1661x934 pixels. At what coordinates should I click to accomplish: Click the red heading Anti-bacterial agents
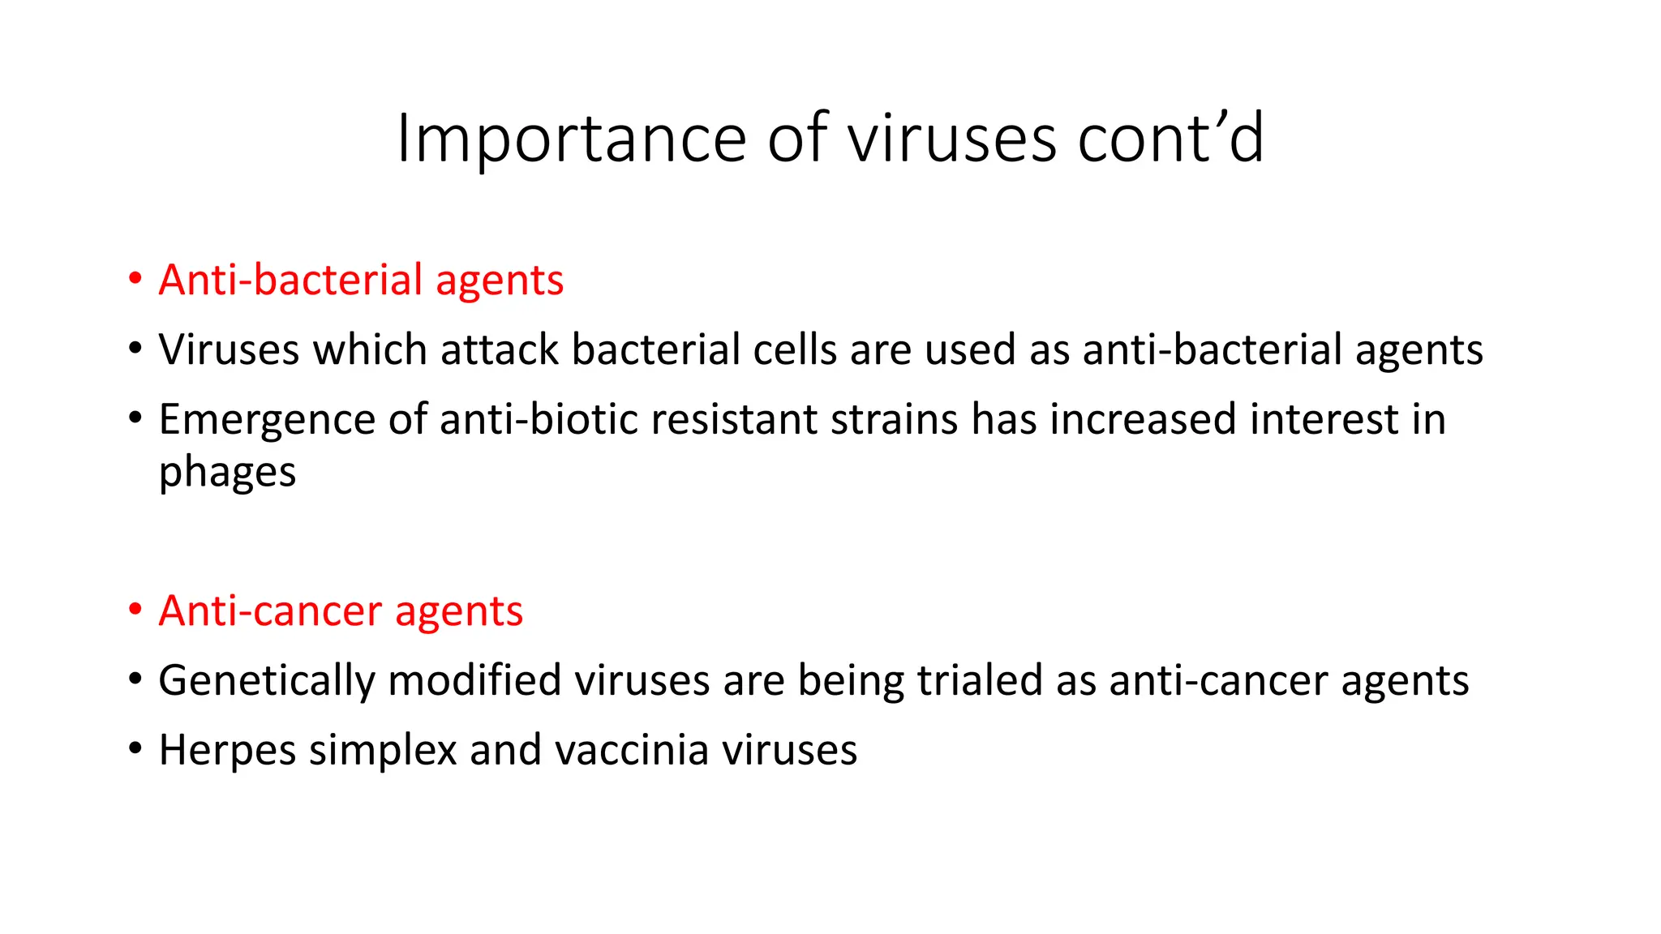pos(361,281)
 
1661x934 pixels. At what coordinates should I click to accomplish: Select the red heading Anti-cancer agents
pos(341,611)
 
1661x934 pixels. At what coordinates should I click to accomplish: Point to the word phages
pos(227,473)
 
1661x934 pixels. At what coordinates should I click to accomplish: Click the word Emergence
pos(267,421)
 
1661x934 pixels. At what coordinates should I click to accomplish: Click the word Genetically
pos(267,681)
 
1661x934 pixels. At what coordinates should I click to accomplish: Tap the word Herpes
pos(227,750)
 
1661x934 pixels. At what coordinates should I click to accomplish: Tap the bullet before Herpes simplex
pos(135,748)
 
